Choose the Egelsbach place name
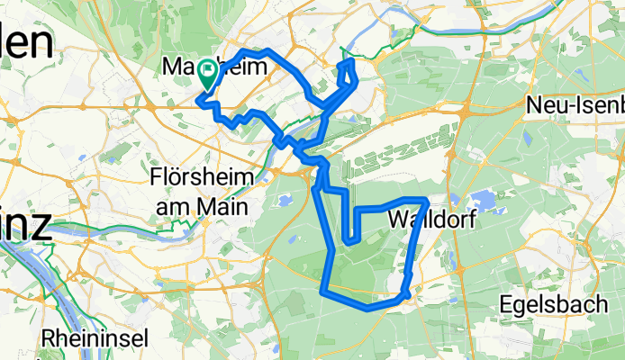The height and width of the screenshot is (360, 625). [554, 303]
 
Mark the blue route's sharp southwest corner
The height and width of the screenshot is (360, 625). [323, 289]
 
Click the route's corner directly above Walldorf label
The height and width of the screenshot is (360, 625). [425, 200]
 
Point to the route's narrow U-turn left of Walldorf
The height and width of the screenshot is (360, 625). [349, 240]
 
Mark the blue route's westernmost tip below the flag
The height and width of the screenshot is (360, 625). [198, 102]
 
